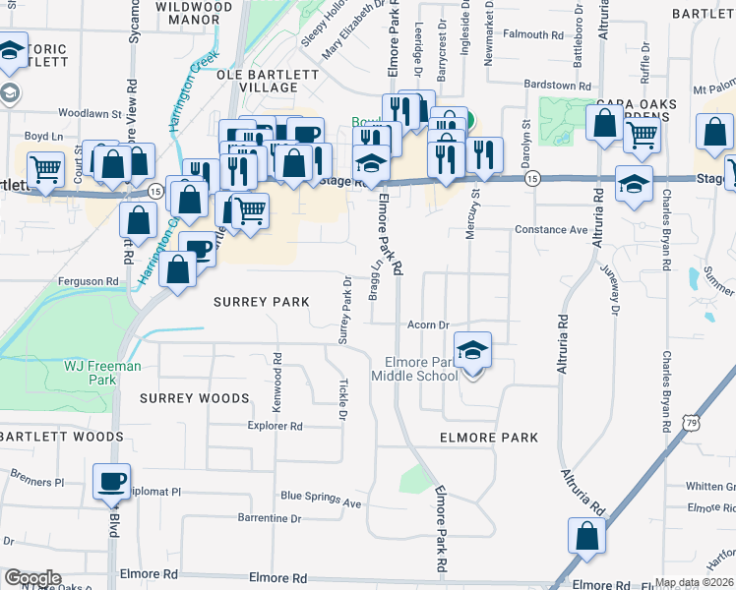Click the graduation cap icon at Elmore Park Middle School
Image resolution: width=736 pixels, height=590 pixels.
(472, 349)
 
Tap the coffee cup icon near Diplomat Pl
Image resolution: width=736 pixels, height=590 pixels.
(111, 481)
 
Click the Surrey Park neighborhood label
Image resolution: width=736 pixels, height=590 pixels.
(262, 302)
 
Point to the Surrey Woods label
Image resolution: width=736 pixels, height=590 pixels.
(194, 398)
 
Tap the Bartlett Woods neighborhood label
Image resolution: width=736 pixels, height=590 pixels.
(62, 436)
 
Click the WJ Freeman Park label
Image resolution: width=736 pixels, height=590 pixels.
(103, 373)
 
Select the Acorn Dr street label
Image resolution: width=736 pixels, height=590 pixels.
(429, 324)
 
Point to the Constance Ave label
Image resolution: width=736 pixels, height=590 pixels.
(551, 230)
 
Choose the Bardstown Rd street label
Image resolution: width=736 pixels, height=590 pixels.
(557, 85)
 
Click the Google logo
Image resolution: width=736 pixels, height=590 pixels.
(32, 578)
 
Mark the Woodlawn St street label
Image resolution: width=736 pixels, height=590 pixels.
(89, 113)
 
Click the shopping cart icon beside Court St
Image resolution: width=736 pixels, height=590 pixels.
(45, 168)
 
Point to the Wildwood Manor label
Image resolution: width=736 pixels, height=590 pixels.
(195, 12)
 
